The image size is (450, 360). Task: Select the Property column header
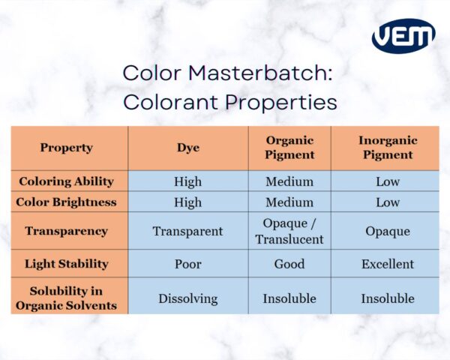click(67, 148)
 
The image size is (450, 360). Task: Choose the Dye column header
click(187, 148)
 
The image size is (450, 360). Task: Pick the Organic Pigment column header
click(289, 148)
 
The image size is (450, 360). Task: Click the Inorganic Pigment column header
click(387, 148)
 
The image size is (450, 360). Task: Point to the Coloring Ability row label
click(67, 181)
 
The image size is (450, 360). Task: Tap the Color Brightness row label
click(67, 202)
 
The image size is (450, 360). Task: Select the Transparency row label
click(67, 231)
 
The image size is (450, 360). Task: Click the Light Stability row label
click(67, 264)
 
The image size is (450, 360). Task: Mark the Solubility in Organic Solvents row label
click(67, 298)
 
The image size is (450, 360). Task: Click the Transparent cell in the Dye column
click(187, 231)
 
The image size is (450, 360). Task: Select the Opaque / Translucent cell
click(289, 231)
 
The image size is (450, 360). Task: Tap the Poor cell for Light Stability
click(187, 264)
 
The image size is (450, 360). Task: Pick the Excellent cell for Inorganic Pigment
click(387, 264)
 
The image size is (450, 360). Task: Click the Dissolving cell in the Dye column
click(187, 298)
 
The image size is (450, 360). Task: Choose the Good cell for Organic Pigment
click(289, 264)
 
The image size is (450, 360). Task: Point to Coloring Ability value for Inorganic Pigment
click(387, 181)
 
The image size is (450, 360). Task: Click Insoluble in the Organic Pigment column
click(289, 298)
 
